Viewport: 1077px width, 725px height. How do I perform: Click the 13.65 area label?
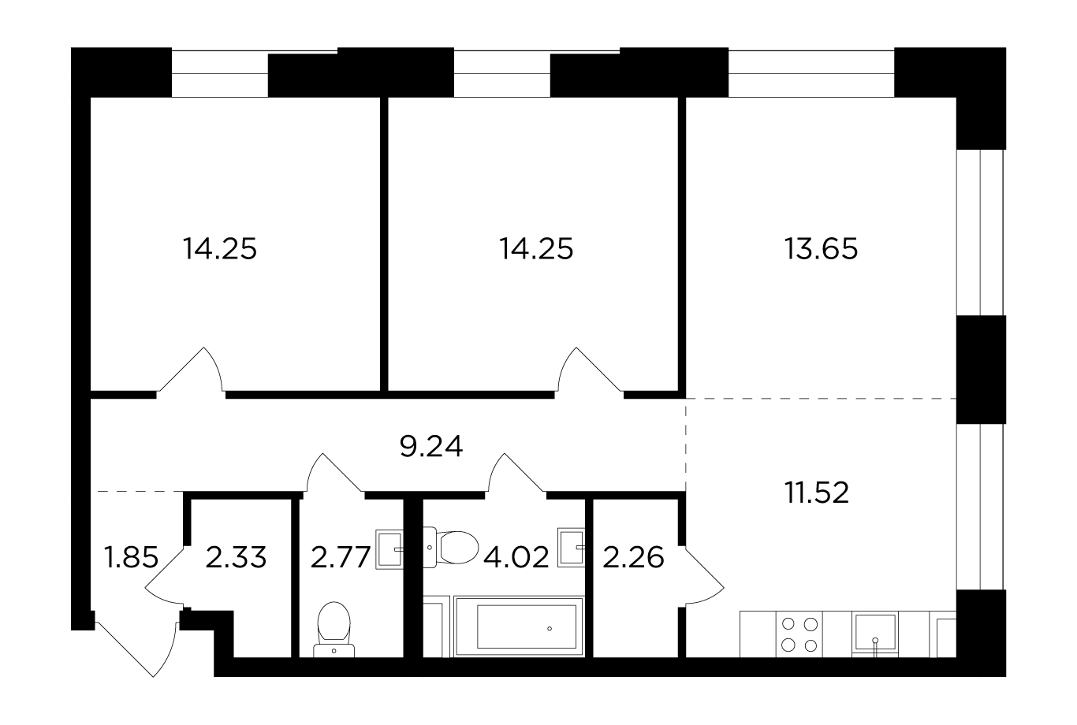point(821,249)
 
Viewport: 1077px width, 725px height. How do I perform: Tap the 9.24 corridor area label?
point(430,446)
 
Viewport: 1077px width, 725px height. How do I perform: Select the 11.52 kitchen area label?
point(817,493)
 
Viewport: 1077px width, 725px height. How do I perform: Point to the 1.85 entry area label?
point(131,557)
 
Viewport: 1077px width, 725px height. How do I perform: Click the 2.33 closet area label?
point(236,557)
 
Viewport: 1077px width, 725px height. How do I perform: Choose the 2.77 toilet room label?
point(341,557)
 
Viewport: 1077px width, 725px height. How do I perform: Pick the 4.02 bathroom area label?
point(516,557)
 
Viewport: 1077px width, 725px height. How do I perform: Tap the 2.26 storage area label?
point(633,557)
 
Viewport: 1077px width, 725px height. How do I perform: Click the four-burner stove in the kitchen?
point(799,634)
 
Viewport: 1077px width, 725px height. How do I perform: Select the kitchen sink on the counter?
point(875,634)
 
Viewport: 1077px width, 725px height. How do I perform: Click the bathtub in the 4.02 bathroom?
point(519,626)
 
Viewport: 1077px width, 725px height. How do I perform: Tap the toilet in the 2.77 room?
point(334,629)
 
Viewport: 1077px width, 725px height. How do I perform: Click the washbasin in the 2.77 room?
point(389,549)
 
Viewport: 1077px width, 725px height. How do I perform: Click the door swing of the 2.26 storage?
point(703,574)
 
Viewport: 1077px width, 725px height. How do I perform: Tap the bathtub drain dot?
point(550,628)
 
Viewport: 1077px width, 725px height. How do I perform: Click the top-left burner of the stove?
point(788,624)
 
